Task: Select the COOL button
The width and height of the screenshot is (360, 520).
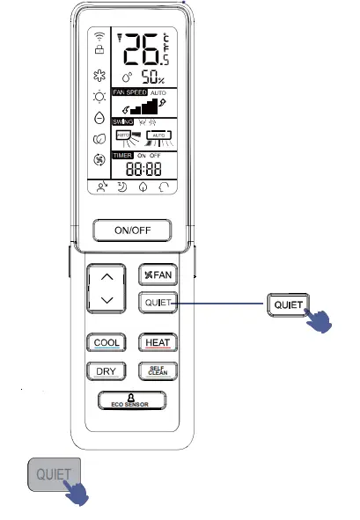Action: [x=106, y=342]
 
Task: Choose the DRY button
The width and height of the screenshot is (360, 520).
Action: [x=106, y=370]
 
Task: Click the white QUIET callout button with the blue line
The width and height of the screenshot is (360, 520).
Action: [x=288, y=304]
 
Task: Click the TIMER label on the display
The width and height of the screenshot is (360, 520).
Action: [x=121, y=155]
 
